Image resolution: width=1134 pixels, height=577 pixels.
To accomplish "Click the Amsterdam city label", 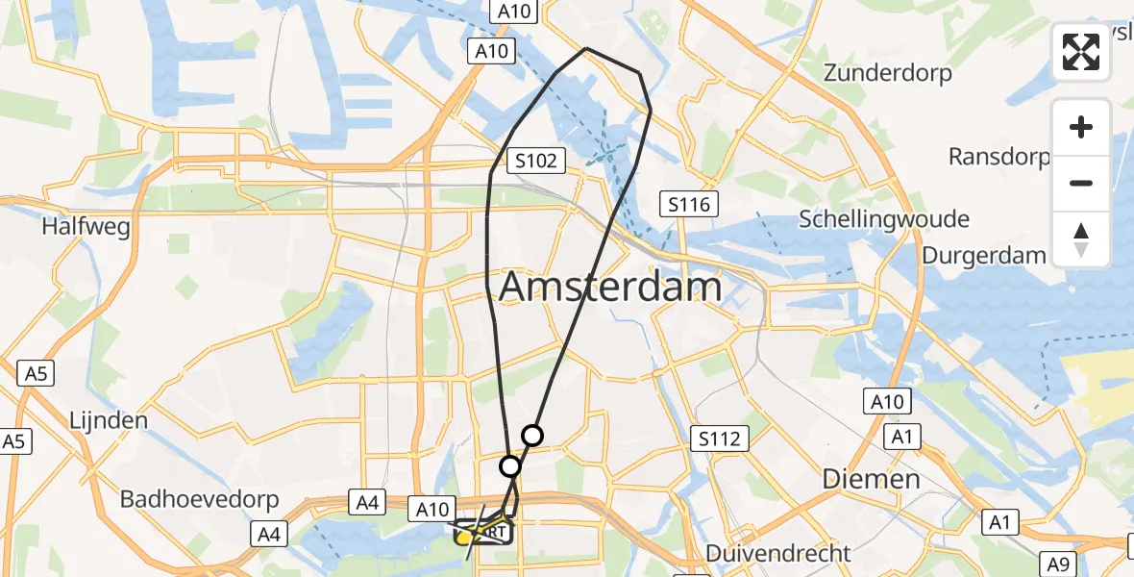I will (610, 287).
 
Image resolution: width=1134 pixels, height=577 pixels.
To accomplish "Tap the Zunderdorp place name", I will (888, 73).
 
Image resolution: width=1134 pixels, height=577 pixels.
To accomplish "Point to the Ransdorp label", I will (999, 156).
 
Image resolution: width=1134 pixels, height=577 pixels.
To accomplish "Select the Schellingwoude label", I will (884, 219).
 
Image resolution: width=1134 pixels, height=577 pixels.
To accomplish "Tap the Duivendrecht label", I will (777, 553).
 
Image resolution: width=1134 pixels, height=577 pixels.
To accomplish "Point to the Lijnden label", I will (109, 420).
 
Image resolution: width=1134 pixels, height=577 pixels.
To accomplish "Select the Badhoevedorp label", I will (199, 499).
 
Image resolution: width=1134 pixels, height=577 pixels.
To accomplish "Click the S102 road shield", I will (536, 161).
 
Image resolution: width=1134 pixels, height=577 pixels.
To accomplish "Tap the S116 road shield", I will (688, 204).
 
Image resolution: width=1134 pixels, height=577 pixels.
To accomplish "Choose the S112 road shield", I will (720, 439).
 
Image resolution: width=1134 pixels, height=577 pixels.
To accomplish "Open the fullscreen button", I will (1081, 52).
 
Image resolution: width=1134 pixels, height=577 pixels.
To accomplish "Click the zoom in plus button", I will (1081, 127).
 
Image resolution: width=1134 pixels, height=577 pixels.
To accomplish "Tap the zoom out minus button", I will (1081, 183).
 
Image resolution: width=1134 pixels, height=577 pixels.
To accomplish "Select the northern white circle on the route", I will (531, 436).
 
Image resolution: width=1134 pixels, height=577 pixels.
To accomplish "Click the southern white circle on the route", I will (510, 466).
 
